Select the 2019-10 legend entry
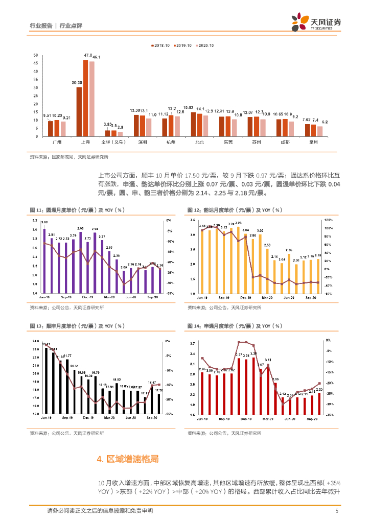182,46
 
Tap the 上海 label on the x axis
86,142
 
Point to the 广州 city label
57,142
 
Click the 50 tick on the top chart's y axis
35,55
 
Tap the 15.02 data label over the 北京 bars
189,108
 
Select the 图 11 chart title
77,210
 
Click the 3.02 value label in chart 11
45,222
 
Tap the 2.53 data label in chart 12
267,245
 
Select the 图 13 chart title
77,326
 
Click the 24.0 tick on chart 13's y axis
35,341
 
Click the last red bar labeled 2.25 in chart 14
319,403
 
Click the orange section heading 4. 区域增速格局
127,459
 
